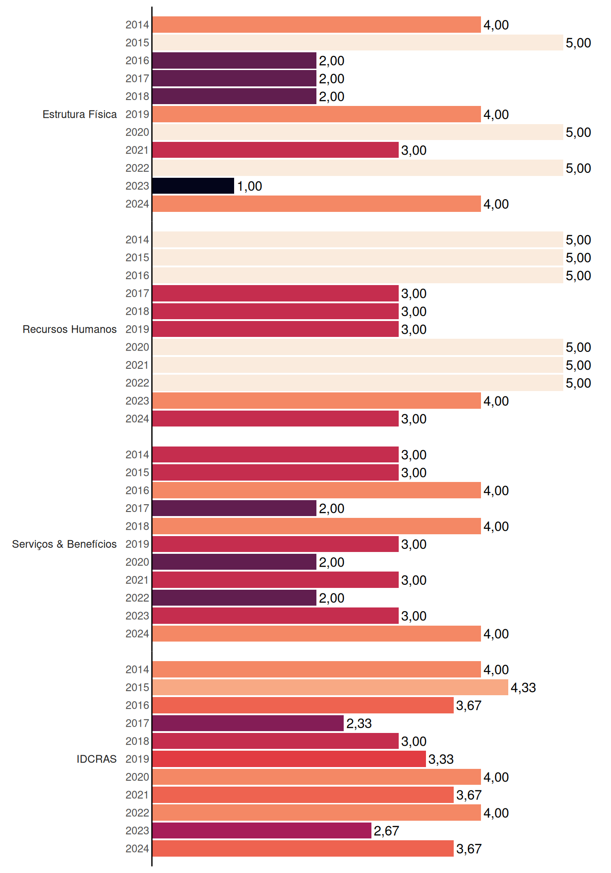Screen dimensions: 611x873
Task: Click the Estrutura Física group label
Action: [80, 114]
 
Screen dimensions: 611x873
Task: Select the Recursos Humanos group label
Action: [70, 329]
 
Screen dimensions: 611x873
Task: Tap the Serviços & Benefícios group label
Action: [64, 544]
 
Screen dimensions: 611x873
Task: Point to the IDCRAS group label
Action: [96, 759]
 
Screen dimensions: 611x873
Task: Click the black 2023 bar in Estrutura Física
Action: [193, 186]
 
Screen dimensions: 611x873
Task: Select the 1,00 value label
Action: [250, 186]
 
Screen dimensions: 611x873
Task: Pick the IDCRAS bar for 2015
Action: [330, 687]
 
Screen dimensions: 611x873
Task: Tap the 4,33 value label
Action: [523, 687]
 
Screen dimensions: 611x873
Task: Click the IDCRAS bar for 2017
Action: [248, 723]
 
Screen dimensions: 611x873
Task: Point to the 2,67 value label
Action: [386, 831]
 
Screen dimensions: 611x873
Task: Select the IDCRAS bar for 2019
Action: [289, 759]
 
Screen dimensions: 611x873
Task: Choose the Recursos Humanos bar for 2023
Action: [316, 401]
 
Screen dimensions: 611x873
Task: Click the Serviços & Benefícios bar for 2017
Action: [234, 508]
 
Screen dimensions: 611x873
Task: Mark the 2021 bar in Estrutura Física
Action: [275, 150]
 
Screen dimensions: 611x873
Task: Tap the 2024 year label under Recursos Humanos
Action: [137, 419]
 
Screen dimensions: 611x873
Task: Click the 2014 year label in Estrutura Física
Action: [137, 25]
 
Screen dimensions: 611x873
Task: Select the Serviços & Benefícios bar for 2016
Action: [316, 490]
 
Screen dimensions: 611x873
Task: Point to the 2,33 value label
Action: [359, 723]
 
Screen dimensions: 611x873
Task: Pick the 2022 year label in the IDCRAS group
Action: [137, 813]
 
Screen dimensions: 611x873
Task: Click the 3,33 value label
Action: [441, 759]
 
